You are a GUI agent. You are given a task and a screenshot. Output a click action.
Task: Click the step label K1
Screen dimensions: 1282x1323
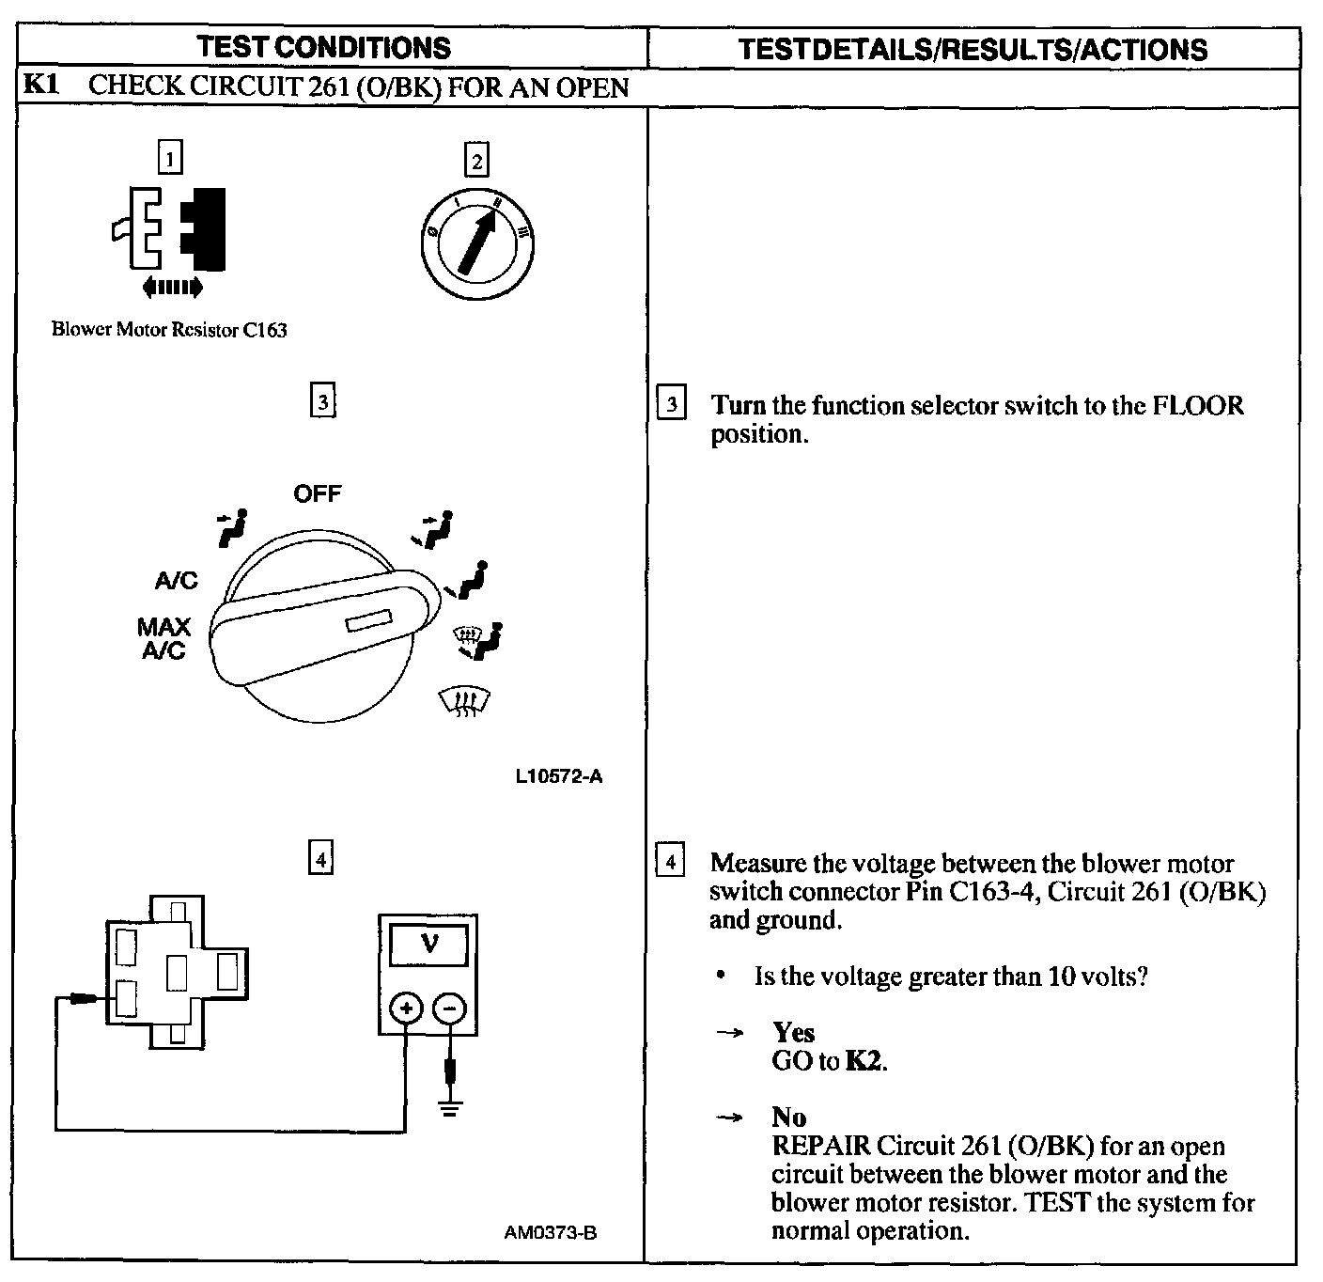tap(41, 86)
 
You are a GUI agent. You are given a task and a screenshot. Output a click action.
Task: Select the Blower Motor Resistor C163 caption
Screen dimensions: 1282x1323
tap(169, 330)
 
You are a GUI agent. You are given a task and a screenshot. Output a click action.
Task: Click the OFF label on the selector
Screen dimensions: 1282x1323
tap(318, 493)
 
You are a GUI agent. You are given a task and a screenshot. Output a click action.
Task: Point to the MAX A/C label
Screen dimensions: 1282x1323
tap(163, 639)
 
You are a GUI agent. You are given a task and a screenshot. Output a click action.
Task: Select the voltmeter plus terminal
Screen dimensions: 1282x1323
tap(406, 1009)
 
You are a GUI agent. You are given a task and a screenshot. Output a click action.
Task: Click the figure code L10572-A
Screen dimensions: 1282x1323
tap(559, 776)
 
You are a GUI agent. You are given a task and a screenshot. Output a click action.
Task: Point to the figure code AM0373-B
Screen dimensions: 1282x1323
tap(551, 1232)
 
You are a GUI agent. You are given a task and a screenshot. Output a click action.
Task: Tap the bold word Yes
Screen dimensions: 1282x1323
tap(794, 1033)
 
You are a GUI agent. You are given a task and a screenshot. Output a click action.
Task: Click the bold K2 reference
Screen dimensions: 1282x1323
tap(865, 1061)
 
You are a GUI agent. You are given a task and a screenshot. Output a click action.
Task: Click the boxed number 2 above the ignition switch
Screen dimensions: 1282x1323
tap(476, 162)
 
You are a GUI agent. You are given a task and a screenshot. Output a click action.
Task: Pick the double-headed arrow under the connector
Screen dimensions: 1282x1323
tap(170, 286)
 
